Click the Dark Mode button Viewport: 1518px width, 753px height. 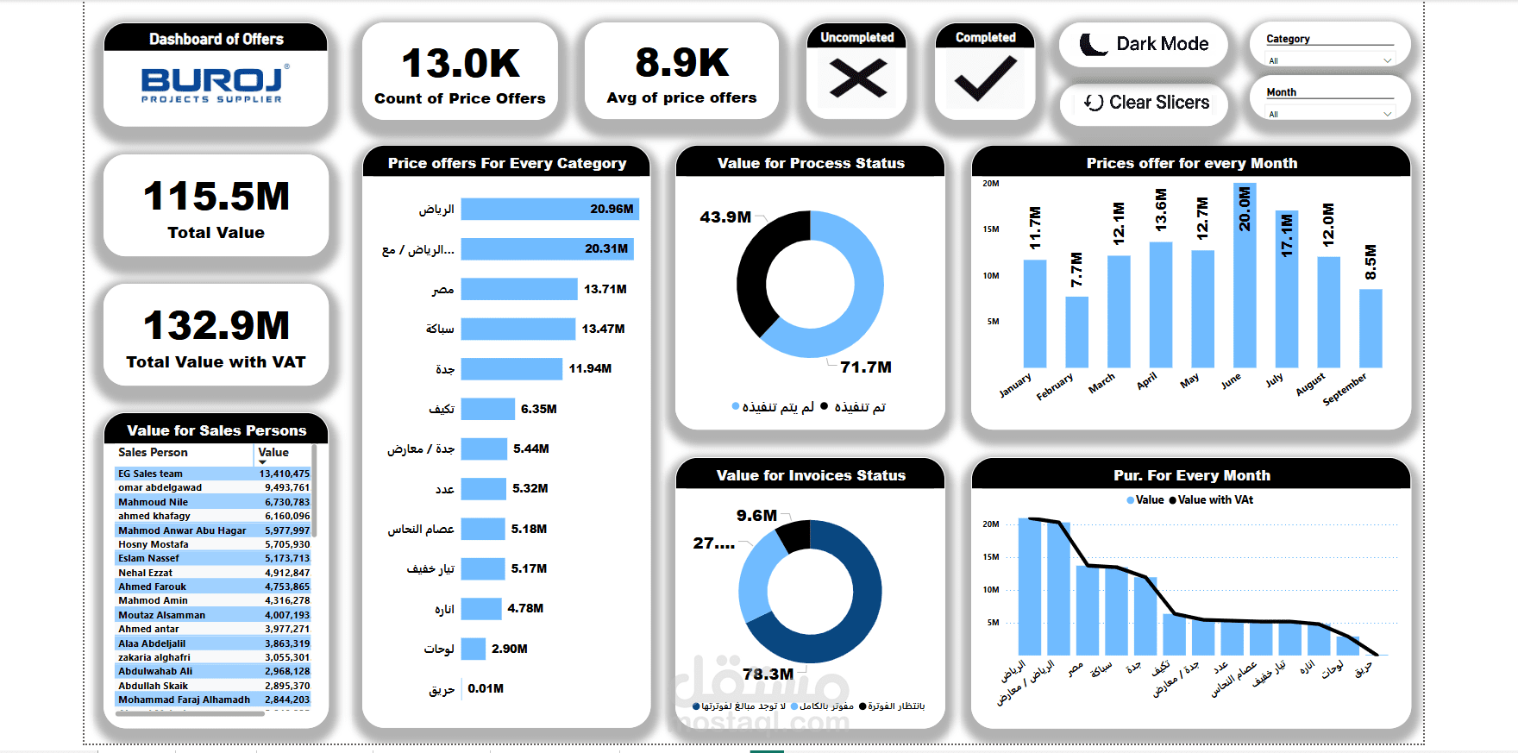point(1144,44)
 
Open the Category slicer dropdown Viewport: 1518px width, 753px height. point(1387,60)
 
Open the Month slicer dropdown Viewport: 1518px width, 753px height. point(1387,114)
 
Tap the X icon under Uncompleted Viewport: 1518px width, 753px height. point(857,78)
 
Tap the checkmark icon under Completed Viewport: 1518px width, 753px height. point(985,78)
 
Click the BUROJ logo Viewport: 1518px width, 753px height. point(215,85)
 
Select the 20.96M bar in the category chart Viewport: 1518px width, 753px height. point(549,209)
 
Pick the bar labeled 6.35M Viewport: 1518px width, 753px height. point(487,409)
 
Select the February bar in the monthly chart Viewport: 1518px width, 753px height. point(1076,332)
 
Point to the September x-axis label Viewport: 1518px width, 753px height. point(1345,389)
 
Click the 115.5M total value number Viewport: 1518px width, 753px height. point(216,197)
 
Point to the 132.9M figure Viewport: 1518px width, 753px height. point(216,326)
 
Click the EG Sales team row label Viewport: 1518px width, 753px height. point(151,474)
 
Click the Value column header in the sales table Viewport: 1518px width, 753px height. point(273,453)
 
